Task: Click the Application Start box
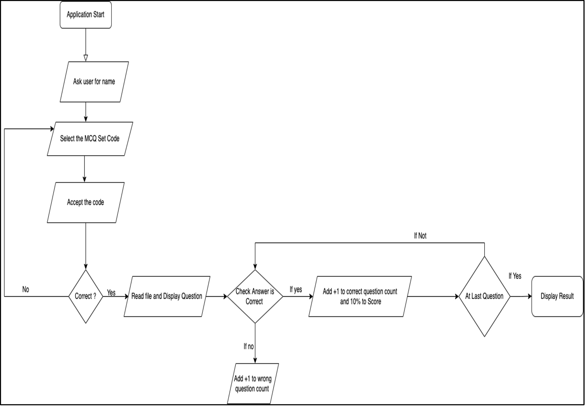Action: [85, 15]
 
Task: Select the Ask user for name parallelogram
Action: [94, 82]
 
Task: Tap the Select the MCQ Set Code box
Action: [90, 139]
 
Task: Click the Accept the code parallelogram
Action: [85, 202]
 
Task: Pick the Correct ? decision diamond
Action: [85, 296]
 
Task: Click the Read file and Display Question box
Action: [167, 296]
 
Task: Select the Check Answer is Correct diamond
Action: [255, 296]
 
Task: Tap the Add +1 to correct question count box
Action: [360, 296]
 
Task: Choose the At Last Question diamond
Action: [484, 296]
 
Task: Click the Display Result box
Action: [557, 296]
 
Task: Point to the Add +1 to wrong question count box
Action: [252, 384]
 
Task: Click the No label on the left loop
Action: [26, 290]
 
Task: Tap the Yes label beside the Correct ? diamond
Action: [111, 293]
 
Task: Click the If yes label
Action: [296, 290]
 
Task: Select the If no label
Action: [248, 347]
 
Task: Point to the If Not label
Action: [420, 236]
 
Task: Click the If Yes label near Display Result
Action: [515, 276]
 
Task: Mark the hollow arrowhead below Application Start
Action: [86, 58]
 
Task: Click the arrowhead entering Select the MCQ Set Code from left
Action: [52, 129]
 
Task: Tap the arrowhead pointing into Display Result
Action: [529, 296]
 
